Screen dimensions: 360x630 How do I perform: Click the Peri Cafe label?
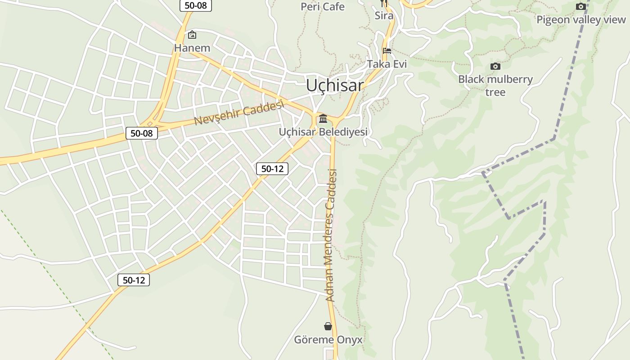click(322, 7)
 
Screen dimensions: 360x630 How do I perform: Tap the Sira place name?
click(384, 16)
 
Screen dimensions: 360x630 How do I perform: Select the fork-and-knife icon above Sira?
click(384, 3)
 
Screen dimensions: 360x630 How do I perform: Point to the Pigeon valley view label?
click(581, 20)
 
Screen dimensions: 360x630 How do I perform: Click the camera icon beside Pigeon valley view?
click(581, 6)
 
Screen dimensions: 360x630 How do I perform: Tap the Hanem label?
click(192, 48)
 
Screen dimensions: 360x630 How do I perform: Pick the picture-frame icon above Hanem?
click(192, 35)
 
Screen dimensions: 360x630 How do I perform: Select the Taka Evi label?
click(387, 64)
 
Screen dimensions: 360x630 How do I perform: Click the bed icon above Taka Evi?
click(387, 51)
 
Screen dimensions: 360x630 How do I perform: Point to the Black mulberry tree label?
click(495, 85)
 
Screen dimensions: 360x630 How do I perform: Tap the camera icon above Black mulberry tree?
click(495, 67)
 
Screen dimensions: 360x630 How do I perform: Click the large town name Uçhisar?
click(334, 85)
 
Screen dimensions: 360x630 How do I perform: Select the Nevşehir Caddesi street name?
click(239, 113)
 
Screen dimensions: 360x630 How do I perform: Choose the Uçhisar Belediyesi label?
click(323, 132)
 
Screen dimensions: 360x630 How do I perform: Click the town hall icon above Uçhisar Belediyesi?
click(323, 119)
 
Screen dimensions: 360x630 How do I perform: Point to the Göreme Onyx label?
click(328, 340)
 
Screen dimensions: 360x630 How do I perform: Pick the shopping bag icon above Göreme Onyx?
click(328, 326)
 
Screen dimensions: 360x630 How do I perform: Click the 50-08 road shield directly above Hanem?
click(196, 5)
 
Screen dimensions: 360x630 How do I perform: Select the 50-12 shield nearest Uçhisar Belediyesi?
click(272, 169)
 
